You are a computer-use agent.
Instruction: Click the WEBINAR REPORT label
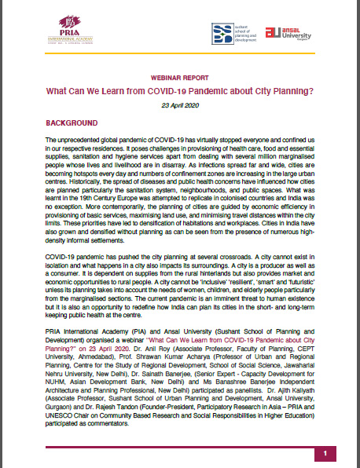(x=180, y=80)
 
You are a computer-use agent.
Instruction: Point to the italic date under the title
(x=180, y=105)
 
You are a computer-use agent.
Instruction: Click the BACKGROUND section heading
(x=72, y=124)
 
